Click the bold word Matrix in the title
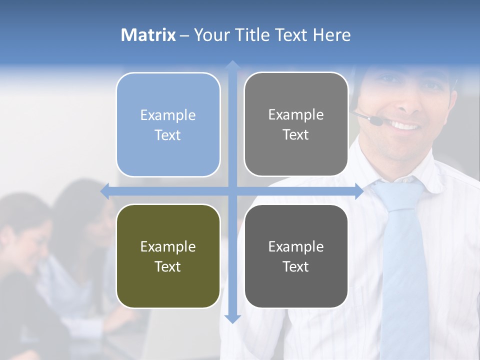pyautogui.click(x=148, y=35)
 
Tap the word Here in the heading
pyautogui.click(x=331, y=35)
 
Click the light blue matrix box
pyautogui.click(x=168, y=125)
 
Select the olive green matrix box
pyautogui.click(x=168, y=256)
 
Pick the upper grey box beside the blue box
pyautogui.click(x=296, y=124)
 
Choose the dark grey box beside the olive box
pyautogui.click(x=296, y=256)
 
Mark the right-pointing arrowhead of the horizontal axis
pyautogui.click(x=359, y=191)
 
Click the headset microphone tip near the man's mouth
pyautogui.click(x=374, y=120)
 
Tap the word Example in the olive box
pyautogui.click(x=168, y=246)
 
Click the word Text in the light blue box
pyautogui.click(x=168, y=135)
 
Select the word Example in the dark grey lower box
pyautogui.click(x=296, y=246)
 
